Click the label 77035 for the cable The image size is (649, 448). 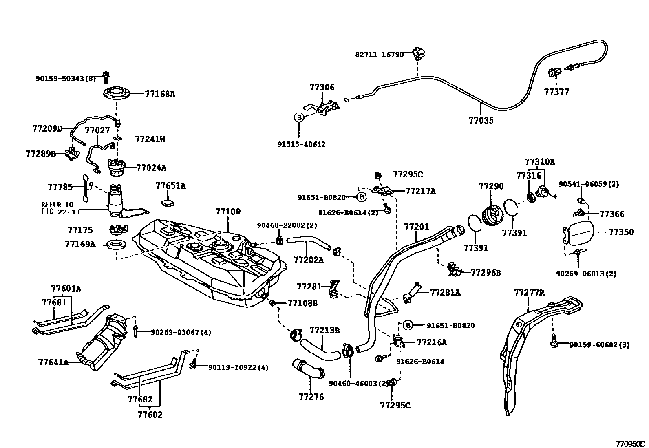pyautogui.click(x=481, y=121)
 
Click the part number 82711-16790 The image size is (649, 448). pyautogui.click(x=379, y=54)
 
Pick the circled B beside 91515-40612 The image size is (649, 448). pyautogui.click(x=299, y=117)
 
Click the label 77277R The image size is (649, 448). pyautogui.click(x=529, y=292)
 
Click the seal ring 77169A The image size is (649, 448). pyautogui.click(x=116, y=245)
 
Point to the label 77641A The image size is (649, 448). pyautogui.click(x=53, y=362)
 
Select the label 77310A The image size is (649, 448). pyautogui.click(x=540, y=161)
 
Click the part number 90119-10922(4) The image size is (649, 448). pyautogui.click(x=238, y=367)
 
